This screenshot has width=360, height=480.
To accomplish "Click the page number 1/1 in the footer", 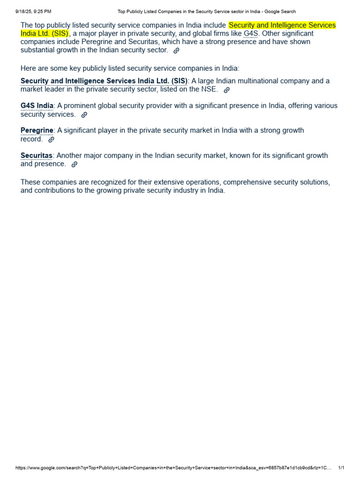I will click(x=341, y=468).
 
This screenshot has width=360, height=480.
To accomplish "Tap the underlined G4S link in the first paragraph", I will click(x=251, y=34).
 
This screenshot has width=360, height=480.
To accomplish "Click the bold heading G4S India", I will click(x=37, y=105).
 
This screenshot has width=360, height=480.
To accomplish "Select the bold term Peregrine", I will click(x=37, y=130).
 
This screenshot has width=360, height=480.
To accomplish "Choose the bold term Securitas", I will click(x=37, y=155).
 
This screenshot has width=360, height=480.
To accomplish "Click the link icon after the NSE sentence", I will click(x=227, y=90).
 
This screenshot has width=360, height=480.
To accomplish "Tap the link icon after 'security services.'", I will click(x=84, y=115).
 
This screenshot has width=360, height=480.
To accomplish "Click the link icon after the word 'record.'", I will click(x=52, y=140).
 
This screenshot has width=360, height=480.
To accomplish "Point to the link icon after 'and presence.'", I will click(x=75, y=165).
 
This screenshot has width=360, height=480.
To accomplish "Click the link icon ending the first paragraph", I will click(x=176, y=51).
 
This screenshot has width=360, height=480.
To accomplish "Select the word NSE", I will click(x=210, y=90).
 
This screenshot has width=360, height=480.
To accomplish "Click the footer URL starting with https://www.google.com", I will click(x=173, y=468).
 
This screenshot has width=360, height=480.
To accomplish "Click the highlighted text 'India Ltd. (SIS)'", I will click(x=45, y=34).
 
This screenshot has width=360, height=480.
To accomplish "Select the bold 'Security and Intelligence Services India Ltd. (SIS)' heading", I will click(x=104, y=81).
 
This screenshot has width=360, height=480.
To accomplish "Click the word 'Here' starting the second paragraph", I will click(x=28, y=68).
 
